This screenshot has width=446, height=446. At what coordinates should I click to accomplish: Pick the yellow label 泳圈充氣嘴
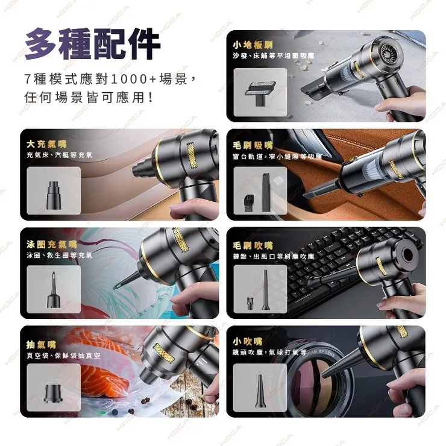(52, 244)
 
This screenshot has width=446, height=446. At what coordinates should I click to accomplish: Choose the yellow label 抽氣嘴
(41, 344)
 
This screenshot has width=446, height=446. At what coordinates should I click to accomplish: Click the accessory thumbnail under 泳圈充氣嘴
(54, 289)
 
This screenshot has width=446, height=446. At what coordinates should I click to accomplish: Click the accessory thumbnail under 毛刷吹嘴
(260, 289)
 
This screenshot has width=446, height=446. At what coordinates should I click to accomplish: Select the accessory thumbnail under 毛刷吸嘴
(260, 190)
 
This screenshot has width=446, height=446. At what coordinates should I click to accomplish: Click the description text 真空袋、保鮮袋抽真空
(64, 356)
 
